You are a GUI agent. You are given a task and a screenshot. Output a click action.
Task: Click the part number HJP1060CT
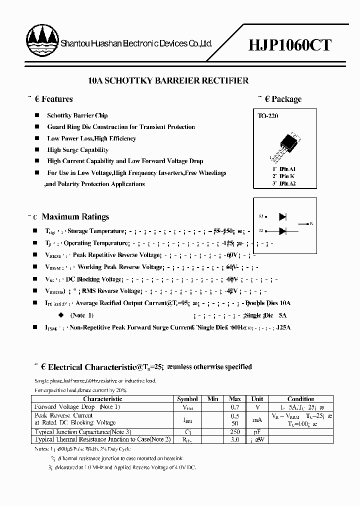[289, 45]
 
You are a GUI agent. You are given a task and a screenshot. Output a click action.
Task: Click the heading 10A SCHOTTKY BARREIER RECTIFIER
[168, 80]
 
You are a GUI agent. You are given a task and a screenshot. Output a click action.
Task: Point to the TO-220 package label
[268, 116]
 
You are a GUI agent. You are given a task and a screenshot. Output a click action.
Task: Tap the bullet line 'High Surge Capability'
[77, 150]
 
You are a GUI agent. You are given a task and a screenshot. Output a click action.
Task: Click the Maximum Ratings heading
[75, 217]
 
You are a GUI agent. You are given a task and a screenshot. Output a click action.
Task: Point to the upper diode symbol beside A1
[282, 216]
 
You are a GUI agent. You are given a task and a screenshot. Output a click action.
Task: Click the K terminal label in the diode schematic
[311, 223]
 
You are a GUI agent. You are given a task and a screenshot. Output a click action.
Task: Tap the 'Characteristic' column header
[102, 399]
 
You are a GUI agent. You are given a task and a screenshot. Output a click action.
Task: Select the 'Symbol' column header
[187, 399]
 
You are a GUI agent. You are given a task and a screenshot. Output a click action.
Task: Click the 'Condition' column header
[301, 399]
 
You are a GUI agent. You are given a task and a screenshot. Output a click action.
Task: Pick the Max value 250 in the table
[234, 431]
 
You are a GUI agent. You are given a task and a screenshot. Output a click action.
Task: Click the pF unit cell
[257, 431]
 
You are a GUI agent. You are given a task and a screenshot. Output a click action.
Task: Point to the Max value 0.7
[234, 407]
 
